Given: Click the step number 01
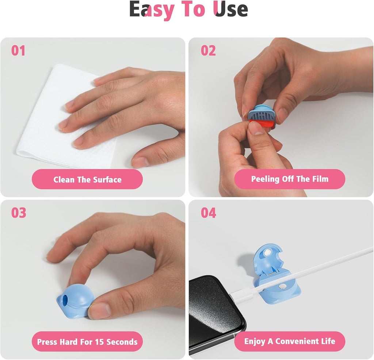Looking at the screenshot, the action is (x=18, y=51).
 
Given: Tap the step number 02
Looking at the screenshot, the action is (x=208, y=51).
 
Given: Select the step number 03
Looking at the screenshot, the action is (x=19, y=212).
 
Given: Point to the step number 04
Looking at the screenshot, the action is (x=209, y=212).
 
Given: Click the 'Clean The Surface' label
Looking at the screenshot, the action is (x=87, y=180).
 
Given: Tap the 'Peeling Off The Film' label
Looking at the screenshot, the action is (x=290, y=179).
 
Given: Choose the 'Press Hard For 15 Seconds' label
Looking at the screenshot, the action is (x=87, y=342).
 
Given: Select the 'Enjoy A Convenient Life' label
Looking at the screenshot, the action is (x=290, y=341).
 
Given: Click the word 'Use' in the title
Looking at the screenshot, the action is (x=230, y=9).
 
